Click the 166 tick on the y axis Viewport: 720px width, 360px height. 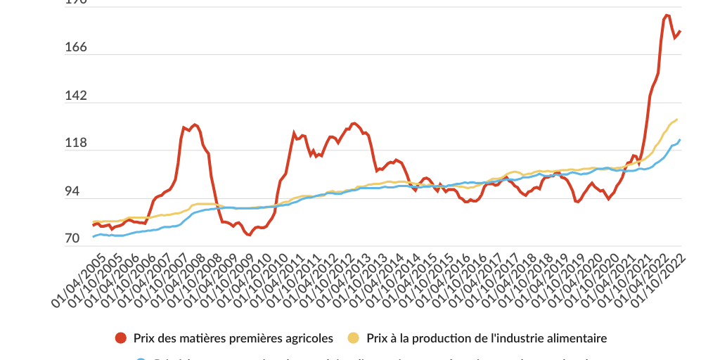pyautogui.click(x=56, y=48)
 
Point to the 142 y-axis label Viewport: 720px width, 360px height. pyautogui.click(x=56, y=96)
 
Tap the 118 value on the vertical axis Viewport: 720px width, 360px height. pyautogui.click(x=56, y=143)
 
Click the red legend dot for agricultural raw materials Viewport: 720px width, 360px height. pyautogui.click(x=121, y=338)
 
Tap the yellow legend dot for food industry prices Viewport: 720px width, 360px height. pyautogui.click(x=353, y=338)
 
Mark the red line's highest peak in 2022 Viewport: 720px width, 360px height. pyautogui.click(x=666, y=15)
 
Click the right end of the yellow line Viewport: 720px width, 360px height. pyautogui.click(x=676, y=120)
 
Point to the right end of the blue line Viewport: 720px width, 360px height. pyautogui.click(x=680, y=140)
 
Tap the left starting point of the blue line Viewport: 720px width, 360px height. pyautogui.click(x=93, y=237)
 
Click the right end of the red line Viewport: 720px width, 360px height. pyautogui.click(x=680, y=31)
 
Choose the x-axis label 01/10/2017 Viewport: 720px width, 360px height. pyautogui.click(x=494, y=281)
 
